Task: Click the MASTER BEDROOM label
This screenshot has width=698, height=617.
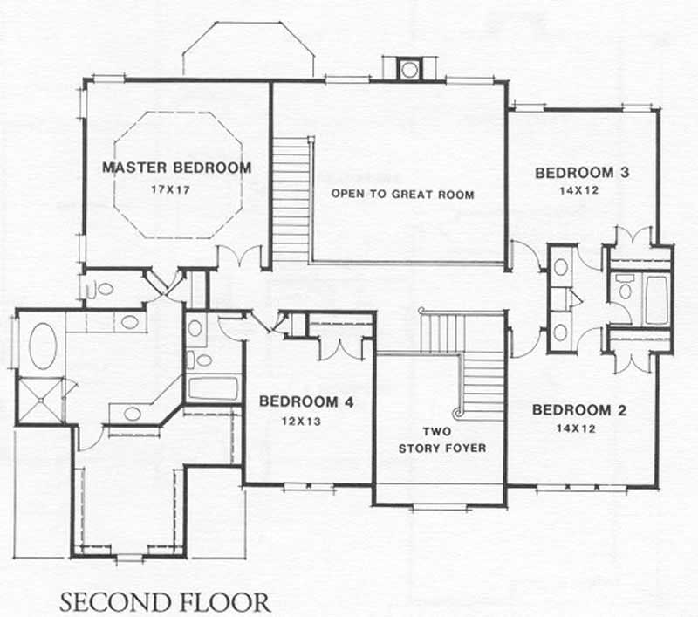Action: [x=176, y=168]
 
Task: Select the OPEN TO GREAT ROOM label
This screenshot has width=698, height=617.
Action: [x=403, y=194]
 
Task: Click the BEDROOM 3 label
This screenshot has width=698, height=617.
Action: [x=582, y=172]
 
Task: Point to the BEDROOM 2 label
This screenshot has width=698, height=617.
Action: [x=579, y=410]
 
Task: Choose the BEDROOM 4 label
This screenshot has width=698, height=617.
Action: [x=306, y=402]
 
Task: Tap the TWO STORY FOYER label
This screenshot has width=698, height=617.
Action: [x=441, y=440]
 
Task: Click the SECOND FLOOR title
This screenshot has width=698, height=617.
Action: [x=165, y=602]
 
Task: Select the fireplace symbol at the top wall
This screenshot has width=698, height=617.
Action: [x=408, y=69]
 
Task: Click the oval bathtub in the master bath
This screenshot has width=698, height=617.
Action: [x=42, y=345]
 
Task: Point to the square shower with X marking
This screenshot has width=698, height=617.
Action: [x=41, y=401]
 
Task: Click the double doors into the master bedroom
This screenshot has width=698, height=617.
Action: [x=240, y=257]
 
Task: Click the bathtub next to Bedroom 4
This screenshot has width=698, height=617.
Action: [x=213, y=387]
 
